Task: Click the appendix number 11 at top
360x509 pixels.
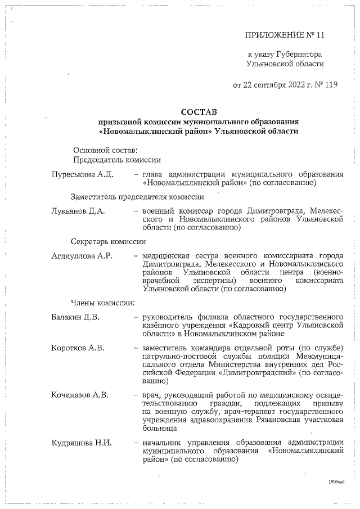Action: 321,35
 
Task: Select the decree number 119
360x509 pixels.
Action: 330,85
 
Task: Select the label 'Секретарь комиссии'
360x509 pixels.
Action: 108,242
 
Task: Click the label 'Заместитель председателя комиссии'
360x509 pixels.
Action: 137,197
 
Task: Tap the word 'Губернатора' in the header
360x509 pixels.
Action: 298,55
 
